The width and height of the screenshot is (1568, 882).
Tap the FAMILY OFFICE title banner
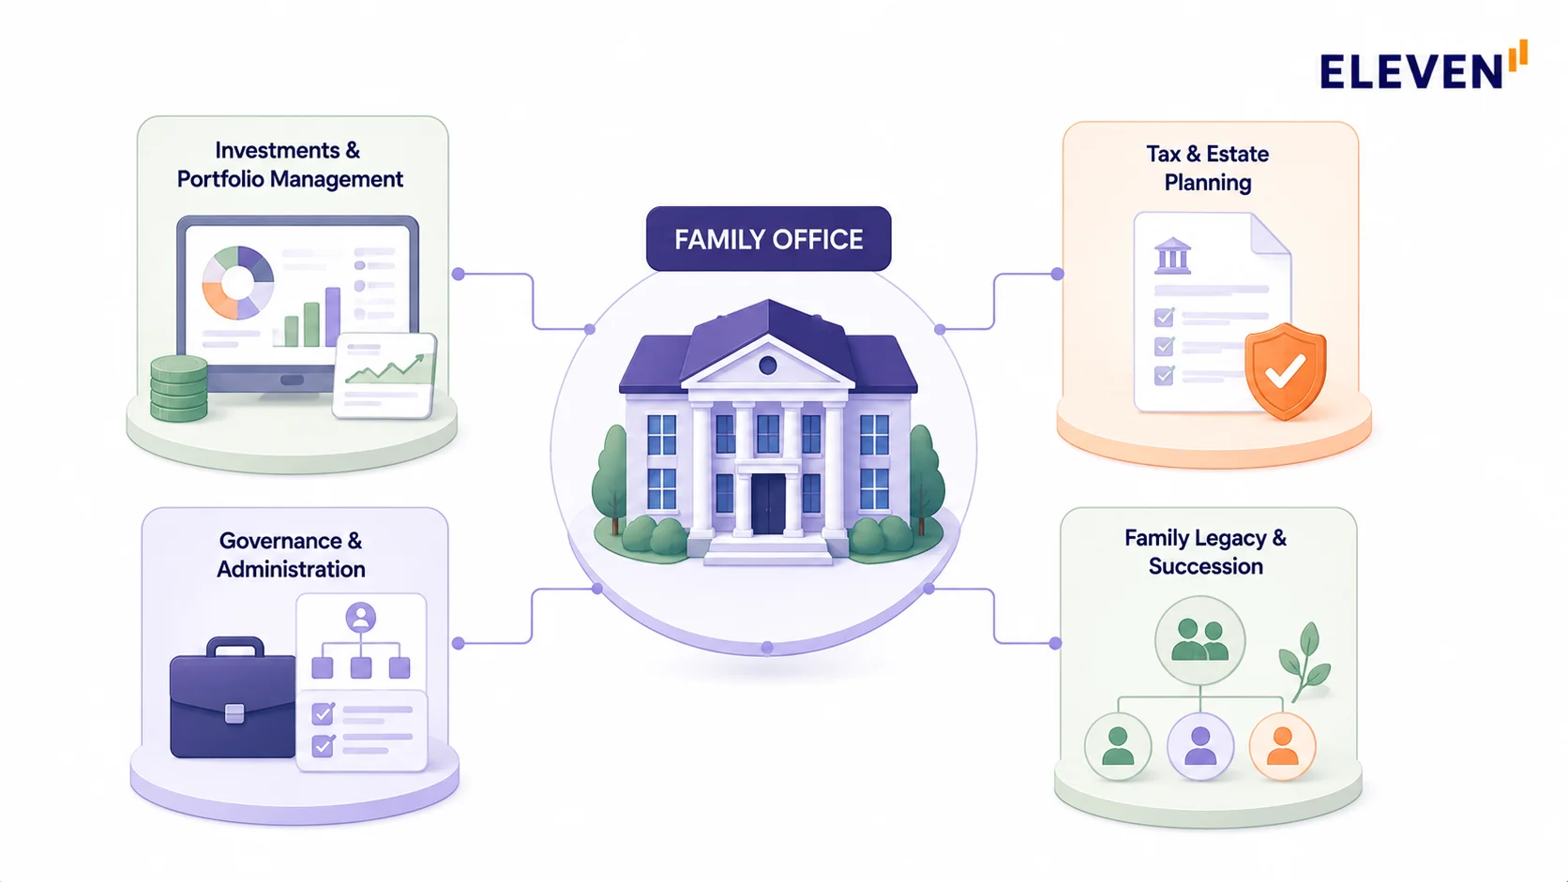(x=768, y=238)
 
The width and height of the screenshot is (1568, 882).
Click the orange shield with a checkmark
(x=1285, y=371)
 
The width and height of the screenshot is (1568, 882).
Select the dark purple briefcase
(x=233, y=697)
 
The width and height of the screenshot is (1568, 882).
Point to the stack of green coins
(x=179, y=388)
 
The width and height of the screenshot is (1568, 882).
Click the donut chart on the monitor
(x=238, y=282)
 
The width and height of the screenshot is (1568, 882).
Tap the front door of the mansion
(x=768, y=503)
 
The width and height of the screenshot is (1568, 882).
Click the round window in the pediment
(x=768, y=365)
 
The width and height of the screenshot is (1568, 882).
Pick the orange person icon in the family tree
(x=1282, y=746)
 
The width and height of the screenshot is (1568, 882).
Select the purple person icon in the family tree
(x=1199, y=746)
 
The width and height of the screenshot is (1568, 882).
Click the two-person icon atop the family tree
(x=1199, y=640)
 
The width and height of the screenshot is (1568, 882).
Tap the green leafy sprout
(x=1304, y=662)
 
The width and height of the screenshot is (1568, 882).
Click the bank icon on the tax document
(x=1172, y=255)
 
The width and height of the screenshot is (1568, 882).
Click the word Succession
(x=1205, y=566)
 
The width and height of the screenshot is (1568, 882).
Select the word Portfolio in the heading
(x=220, y=179)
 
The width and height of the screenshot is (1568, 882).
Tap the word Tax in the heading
(x=1163, y=154)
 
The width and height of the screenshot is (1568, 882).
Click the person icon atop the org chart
(x=360, y=618)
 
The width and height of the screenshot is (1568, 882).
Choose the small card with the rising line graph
(x=385, y=376)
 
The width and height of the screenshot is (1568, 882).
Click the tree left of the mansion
(x=611, y=479)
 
